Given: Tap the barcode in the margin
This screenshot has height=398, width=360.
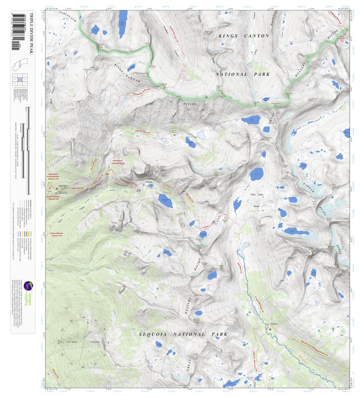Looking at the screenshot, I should [16, 31].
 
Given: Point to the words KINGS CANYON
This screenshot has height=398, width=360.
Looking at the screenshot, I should [244, 36].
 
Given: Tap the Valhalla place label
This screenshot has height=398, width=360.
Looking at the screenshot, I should [150, 181].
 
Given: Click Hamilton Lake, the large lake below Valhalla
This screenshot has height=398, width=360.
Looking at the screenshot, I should [165, 200].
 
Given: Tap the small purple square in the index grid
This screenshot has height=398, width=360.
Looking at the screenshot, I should [20, 79].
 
